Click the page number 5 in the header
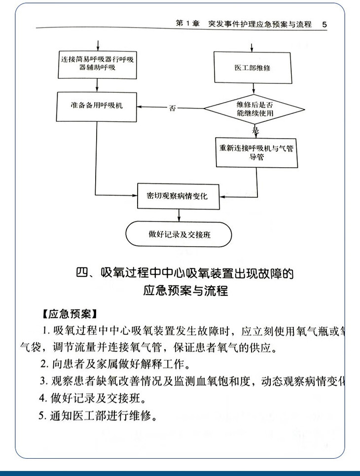pyautogui.click(x=324, y=24)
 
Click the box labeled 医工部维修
pyautogui.click(x=253, y=68)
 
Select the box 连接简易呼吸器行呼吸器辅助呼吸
pyautogui.click(x=96, y=64)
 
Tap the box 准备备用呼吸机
pyautogui.click(x=96, y=106)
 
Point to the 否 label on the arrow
pyautogui.click(x=172, y=108)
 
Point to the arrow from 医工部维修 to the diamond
pyautogui.click(x=254, y=89)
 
